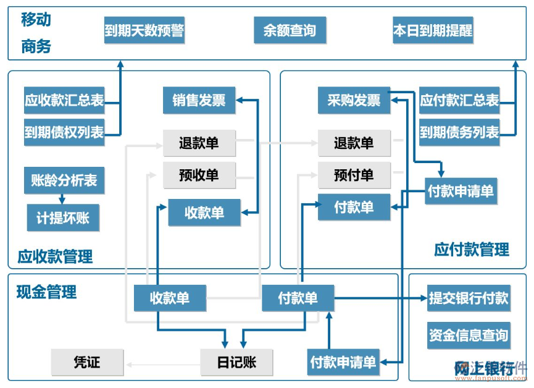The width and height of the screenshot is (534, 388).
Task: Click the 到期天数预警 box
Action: click(144, 30)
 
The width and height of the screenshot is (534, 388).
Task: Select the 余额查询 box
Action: click(290, 30)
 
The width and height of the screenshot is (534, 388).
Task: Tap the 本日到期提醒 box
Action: click(433, 30)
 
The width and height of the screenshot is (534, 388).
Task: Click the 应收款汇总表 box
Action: click(64, 101)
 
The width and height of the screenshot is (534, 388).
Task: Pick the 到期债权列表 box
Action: click(64, 132)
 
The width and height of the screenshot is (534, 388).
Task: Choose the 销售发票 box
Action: click(199, 101)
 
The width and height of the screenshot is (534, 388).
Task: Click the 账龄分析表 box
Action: click(64, 180)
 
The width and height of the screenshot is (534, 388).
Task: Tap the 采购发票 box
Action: click(354, 101)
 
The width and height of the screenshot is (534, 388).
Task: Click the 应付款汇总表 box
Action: click(459, 101)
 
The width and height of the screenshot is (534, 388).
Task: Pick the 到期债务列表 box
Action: click(459, 132)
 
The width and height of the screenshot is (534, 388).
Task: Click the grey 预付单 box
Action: click(354, 175)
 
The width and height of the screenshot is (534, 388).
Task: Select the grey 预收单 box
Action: click(199, 175)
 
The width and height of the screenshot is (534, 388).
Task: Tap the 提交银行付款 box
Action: click(469, 298)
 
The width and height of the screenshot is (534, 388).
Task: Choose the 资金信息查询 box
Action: click(469, 335)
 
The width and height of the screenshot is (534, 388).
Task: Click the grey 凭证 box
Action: click(87, 362)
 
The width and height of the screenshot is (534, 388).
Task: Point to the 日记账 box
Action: click(236, 362)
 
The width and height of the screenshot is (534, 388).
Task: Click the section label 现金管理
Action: click(46, 292)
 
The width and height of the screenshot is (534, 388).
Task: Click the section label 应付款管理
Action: click(472, 250)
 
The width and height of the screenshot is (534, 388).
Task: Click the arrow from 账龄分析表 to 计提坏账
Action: click(62, 199)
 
